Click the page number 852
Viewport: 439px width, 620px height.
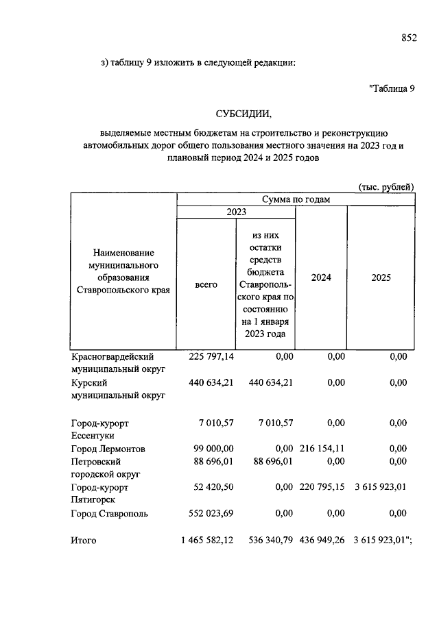click(x=409, y=39)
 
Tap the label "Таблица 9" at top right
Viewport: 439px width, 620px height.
click(x=392, y=88)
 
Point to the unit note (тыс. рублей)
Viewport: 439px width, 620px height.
click(x=386, y=186)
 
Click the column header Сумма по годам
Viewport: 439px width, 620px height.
click(x=296, y=199)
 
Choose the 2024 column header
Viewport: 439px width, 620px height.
click(x=320, y=278)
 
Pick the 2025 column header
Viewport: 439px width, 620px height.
click(x=380, y=278)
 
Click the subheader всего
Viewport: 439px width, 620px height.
click(x=206, y=284)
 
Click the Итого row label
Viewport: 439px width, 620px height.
click(x=84, y=541)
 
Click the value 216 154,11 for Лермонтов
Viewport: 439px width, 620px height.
click(x=322, y=449)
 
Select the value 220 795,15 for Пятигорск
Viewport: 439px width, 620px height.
click(x=322, y=488)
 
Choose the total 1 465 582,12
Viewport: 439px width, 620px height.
click(x=207, y=541)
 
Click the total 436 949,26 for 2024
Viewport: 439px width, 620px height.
click(x=322, y=541)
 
